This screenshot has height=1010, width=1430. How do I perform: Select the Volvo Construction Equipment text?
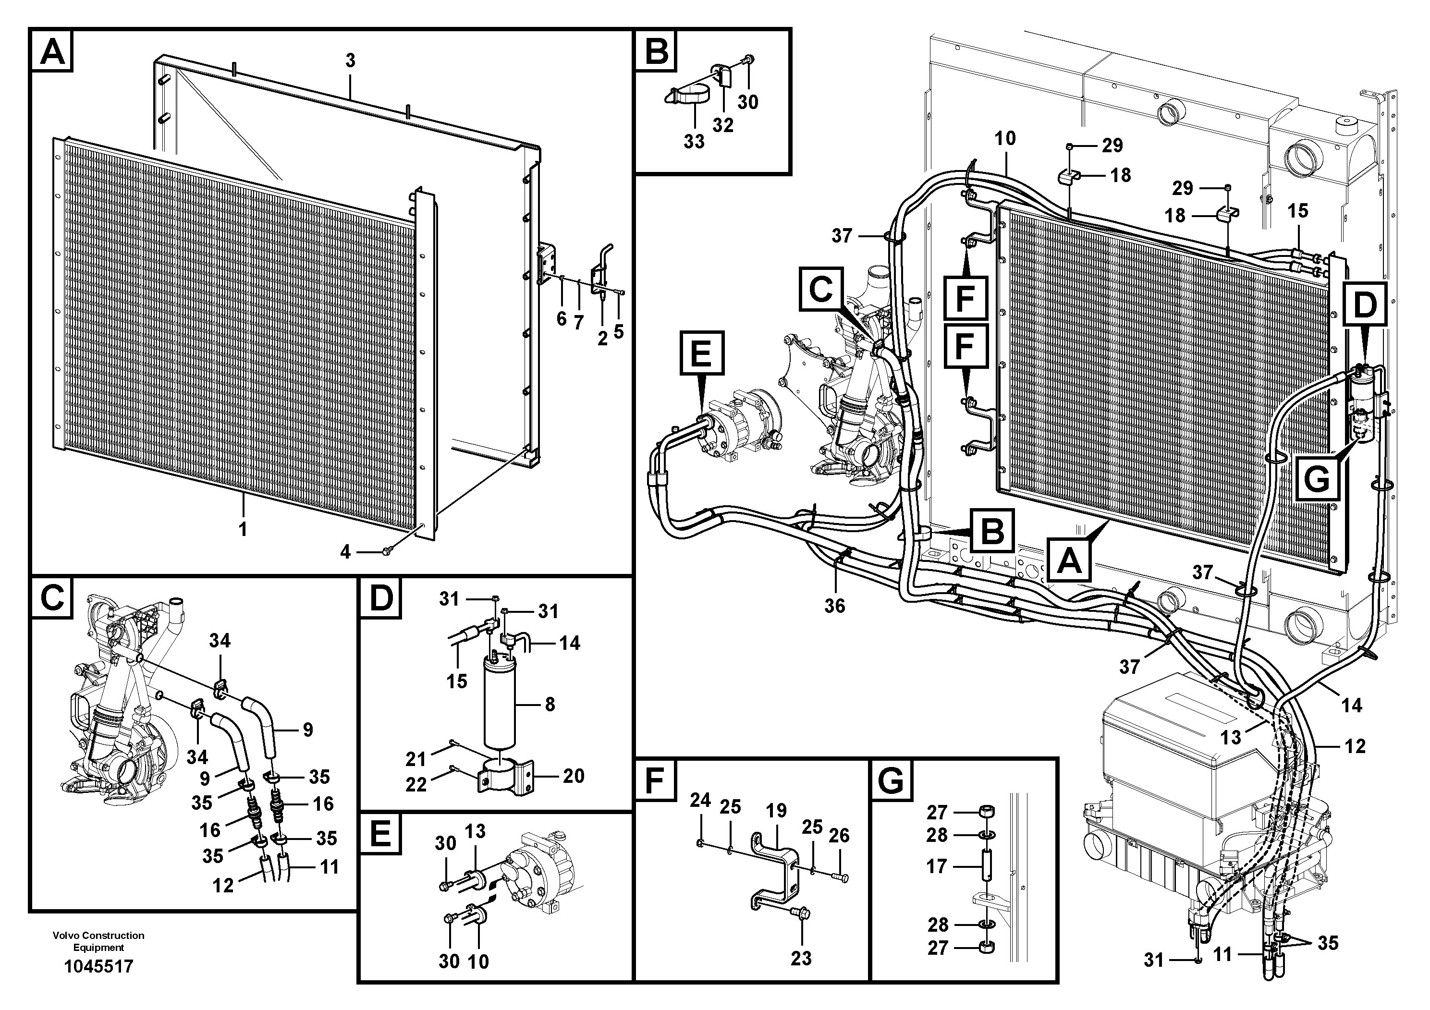[x=98, y=941]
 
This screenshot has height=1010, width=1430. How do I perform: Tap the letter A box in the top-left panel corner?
[x=52, y=51]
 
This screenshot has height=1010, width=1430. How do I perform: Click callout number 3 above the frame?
[x=350, y=61]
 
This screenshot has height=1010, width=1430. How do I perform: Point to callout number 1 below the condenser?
[x=243, y=530]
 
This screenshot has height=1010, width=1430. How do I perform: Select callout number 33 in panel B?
[x=694, y=141]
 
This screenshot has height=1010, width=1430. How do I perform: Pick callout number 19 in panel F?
[x=776, y=811]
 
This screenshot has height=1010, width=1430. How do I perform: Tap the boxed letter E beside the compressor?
[x=701, y=353]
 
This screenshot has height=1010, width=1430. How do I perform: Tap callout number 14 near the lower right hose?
[x=1352, y=705]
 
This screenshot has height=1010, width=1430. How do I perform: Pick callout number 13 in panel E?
[x=475, y=831]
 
